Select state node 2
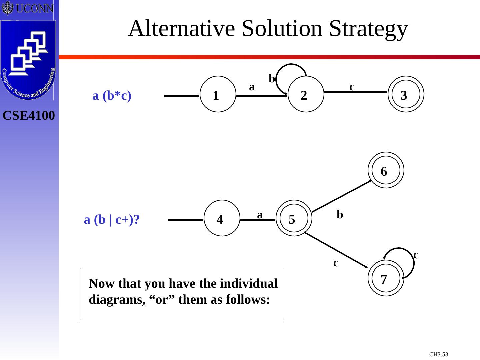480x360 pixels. pos(306,95)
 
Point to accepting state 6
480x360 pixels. pos(386,170)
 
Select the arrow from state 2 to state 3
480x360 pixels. pos(357,92)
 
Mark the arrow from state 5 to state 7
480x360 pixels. pos(337,250)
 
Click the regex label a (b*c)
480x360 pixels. pos(112,96)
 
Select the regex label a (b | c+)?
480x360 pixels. pos(112,220)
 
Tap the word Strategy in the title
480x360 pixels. pos(368,29)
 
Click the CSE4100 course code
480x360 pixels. pos(29,116)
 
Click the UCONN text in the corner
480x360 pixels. pos(34,8)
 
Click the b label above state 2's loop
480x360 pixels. pos(272,79)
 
